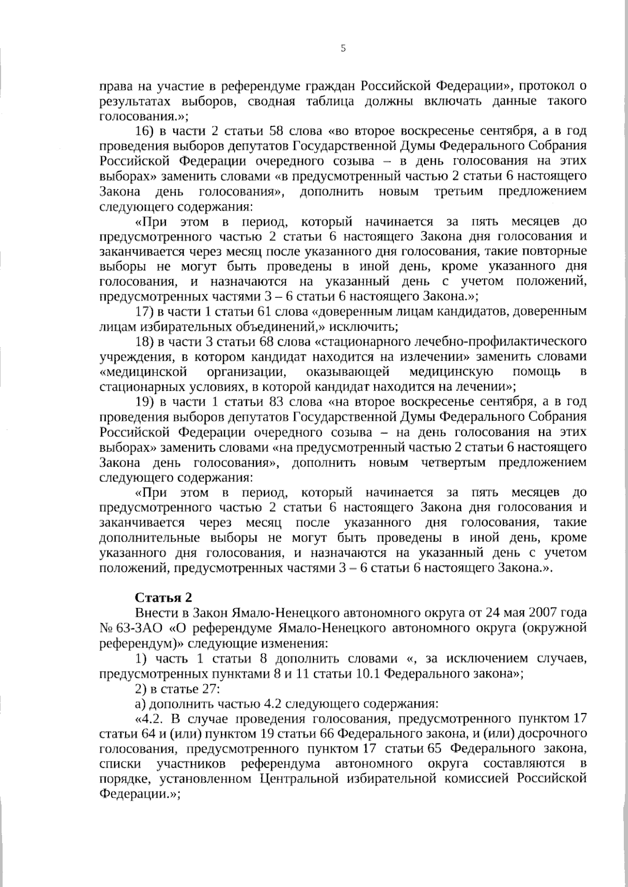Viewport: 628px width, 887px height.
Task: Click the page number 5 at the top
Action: pos(343,49)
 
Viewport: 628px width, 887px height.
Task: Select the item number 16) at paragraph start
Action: pos(144,131)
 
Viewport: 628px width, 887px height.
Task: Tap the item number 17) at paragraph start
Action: pos(143,312)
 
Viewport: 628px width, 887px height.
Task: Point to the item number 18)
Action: pos(143,342)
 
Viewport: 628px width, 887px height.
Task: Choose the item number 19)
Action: pos(144,402)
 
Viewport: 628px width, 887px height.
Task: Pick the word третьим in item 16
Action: pos(456,191)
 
